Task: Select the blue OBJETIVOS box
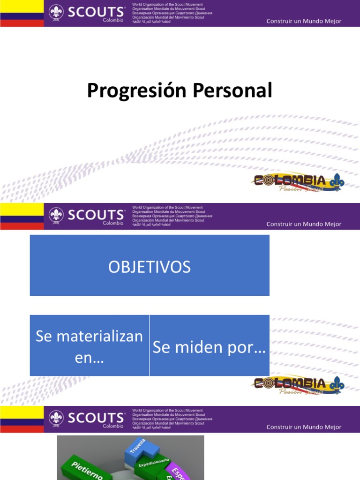pyautogui.click(x=150, y=265)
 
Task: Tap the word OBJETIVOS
pyautogui.click(x=150, y=267)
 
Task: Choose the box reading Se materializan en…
pyautogui.click(x=90, y=345)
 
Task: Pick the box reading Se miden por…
pyautogui.click(x=210, y=345)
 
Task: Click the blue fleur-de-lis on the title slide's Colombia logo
pyautogui.click(x=337, y=182)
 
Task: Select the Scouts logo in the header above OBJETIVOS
pyautogui.click(x=87, y=216)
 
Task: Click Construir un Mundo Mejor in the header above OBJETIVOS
pyautogui.click(x=304, y=224)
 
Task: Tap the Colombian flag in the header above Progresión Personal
pyautogui.click(x=22, y=13)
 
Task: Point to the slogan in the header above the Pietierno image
pyautogui.click(x=304, y=427)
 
